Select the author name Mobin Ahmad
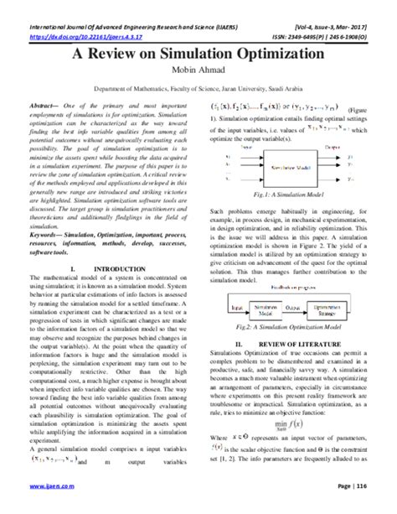(x=198, y=73)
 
